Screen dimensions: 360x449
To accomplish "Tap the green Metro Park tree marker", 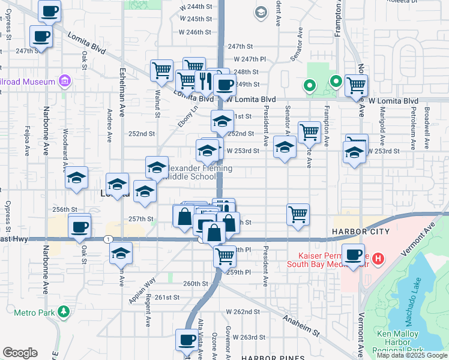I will point(64,311).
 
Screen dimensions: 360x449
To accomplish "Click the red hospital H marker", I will point(378,259).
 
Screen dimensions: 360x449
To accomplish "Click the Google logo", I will point(20,353).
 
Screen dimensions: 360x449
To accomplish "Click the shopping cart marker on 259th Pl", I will point(225,256).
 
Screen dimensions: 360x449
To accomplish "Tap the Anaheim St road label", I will point(298,325).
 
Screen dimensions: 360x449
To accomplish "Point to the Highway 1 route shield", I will point(107,239).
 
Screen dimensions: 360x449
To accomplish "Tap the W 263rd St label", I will point(250,337).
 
